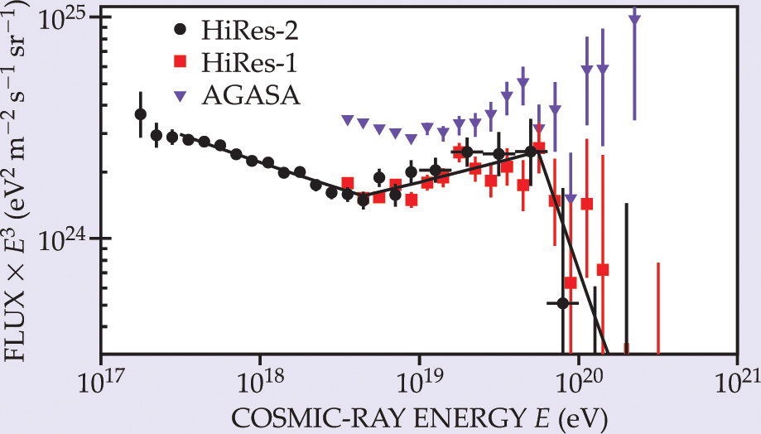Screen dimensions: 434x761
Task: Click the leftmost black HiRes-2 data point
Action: (x=140, y=114)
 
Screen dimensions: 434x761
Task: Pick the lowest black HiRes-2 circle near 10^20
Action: (x=563, y=303)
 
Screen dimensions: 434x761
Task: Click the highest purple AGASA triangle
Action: (x=635, y=21)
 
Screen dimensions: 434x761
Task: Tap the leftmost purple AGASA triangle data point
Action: (x=347, y=120)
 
